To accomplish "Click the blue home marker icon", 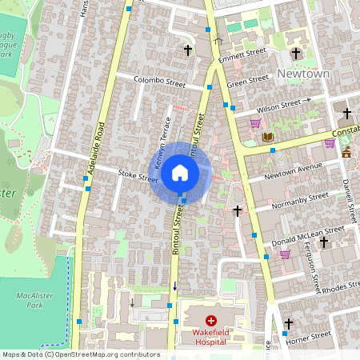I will tap(180, 172).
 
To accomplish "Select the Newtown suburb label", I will tap(303, 74).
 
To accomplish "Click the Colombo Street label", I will tap(158, 82).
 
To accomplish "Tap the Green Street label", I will tap(247, 81).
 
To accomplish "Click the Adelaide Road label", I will tap(98, 149).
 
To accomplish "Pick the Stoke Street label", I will tap(138, 175).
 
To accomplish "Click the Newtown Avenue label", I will tap(293, 170).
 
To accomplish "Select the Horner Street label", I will tap(309, 339).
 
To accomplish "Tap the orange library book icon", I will tap(268, 137).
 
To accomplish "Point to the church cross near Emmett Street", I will tap(189, 50).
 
